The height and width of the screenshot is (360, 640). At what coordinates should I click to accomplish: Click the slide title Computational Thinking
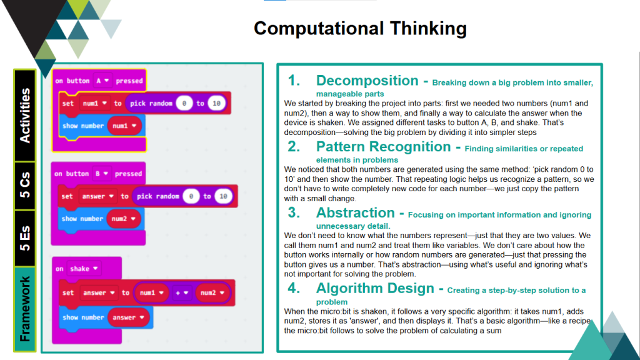click(360, 29)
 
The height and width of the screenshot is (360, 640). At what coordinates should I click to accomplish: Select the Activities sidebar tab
click(25, 115)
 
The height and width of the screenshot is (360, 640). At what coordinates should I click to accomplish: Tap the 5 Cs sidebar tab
click(25, 186)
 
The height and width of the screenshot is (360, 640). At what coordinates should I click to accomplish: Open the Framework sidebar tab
click(25, 309)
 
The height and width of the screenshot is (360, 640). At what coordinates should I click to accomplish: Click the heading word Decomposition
click(367, 81)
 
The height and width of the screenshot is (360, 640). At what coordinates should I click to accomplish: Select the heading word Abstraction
click(356, 212)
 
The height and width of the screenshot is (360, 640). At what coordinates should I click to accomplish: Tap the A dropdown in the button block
click(102, 81)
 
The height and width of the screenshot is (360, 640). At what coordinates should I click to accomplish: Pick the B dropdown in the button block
click(102, 174)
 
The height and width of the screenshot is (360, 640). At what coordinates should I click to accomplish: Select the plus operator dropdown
click(181, 292)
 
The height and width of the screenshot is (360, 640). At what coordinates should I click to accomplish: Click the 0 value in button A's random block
click(183, 103)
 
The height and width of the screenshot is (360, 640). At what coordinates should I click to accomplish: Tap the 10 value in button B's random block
click(221, 196)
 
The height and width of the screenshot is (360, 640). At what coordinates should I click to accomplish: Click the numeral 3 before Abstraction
click(294, 212)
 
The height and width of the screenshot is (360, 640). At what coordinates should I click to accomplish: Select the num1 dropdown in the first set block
click(95, 103)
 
